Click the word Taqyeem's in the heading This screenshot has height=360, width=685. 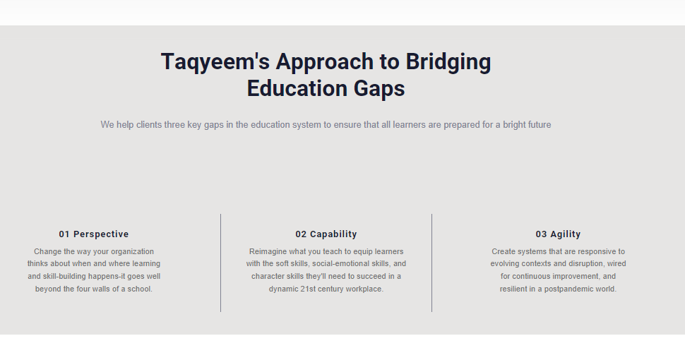(x=215, y=62)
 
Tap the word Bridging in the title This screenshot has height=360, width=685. (x=448, y=62)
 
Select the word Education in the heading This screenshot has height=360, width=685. (x=297, y=88)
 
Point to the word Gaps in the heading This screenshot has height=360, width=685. (x=379, y=89)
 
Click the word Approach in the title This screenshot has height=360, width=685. (x=325, y=62)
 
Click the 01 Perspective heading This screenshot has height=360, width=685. (x=94, y=234)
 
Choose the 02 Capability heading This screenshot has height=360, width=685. (x=326, y=234)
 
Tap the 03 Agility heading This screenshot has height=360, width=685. (x=559, y=234)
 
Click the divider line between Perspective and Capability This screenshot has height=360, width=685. (x=220, y=263)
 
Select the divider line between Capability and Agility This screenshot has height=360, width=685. (x=431, y=263)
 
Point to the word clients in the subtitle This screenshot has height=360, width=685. (x=149, y=125)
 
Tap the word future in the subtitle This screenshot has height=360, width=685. (x=539, y=125)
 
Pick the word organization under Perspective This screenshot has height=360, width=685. (x=132, y=252)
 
